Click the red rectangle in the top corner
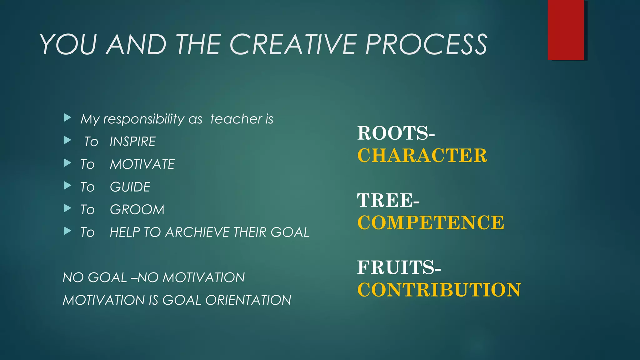[x=566, y=30]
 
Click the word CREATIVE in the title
[x=293, y=44]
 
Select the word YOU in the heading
[x=68, y=44]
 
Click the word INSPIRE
[x=132, y=142]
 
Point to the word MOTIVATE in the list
[x=142, y=164]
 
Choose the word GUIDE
[x=130, y=187]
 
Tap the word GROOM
[x=137, y=210]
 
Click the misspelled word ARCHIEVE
[x=198, y=232]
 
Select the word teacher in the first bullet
[x=236, y=119]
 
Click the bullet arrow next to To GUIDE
[x=67, y=186]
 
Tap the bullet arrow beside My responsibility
[x=67, y=118]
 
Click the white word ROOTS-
[x=396, y=133]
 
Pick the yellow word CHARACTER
[x=422, y=155]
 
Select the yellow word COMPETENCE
[x=431, y=222]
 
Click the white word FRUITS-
[x=399, y=267]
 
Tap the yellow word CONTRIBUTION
[x=439, y=290]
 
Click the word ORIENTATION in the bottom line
[x=248, y=300]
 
